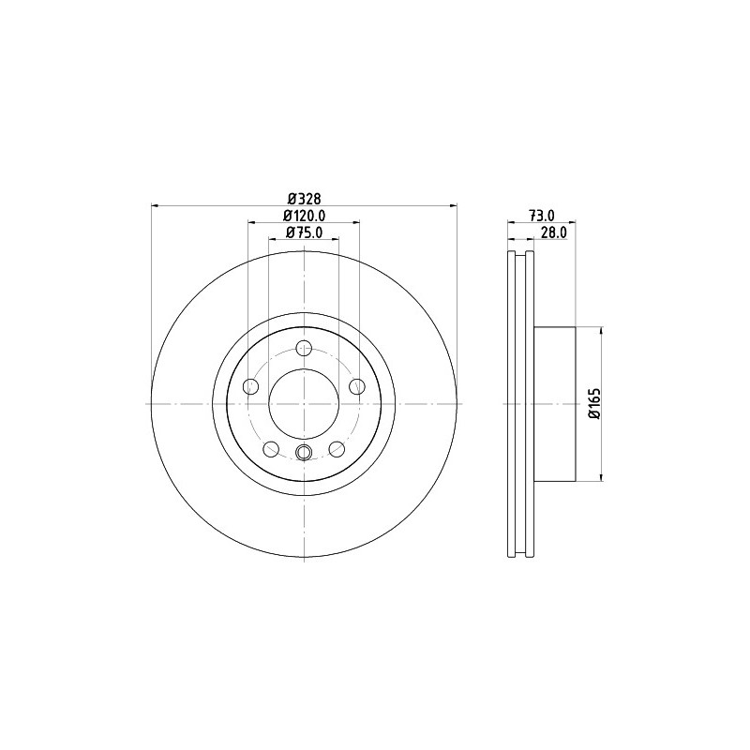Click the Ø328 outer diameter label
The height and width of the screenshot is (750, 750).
(x=304, y=198)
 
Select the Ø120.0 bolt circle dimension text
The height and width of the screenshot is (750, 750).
(x=304, y=216)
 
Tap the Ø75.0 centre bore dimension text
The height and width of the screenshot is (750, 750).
(x=304, y=232)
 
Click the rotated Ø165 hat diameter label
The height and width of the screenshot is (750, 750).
(x=593, y=404)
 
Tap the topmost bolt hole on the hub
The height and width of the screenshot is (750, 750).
(x=303, y=350)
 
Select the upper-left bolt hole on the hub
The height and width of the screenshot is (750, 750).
(x=250, y=386)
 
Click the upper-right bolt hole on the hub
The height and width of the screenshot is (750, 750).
(x=356, y=386)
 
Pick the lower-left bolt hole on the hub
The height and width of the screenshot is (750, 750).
(x=271, y=448)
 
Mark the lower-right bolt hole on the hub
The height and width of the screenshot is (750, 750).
(x=336, y=448)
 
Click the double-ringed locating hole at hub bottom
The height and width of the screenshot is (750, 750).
(x=303, y=454)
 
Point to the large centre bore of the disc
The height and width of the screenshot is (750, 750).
(x=303, y=404)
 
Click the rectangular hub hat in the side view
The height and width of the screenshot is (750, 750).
(x=553, y=404)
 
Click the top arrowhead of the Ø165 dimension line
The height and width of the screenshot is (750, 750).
(x=601, y=331)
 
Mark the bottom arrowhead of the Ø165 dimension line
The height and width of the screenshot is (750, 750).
(x=601, y=477)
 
